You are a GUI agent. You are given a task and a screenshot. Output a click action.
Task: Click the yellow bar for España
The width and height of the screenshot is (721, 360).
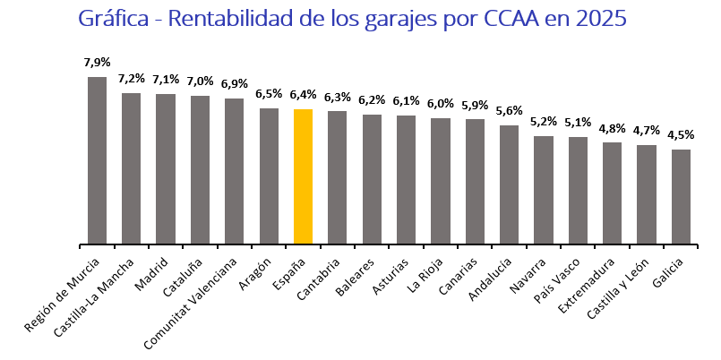303,176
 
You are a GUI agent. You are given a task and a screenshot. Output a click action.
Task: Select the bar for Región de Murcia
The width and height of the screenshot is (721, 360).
97,160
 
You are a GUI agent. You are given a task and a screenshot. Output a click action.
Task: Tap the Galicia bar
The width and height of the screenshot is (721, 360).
681,196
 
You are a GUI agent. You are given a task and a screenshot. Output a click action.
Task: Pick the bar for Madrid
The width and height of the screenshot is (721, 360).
166,168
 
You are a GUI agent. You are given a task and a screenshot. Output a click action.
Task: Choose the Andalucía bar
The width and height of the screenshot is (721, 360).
509,184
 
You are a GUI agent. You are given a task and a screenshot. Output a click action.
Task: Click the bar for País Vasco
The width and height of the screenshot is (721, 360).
578,190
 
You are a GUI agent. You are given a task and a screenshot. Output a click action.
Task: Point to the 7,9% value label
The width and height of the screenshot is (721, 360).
97,63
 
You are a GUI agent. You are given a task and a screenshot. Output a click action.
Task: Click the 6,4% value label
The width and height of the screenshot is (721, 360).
303,95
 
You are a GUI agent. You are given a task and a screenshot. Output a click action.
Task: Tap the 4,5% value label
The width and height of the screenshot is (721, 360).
681,135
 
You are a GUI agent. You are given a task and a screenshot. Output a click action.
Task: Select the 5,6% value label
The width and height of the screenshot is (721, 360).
509,111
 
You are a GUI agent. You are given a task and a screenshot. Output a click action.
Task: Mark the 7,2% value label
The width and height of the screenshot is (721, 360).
132,79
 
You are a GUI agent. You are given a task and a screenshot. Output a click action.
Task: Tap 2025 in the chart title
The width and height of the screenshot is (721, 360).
601,19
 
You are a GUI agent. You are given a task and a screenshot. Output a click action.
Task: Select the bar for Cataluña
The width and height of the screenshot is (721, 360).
200,169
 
